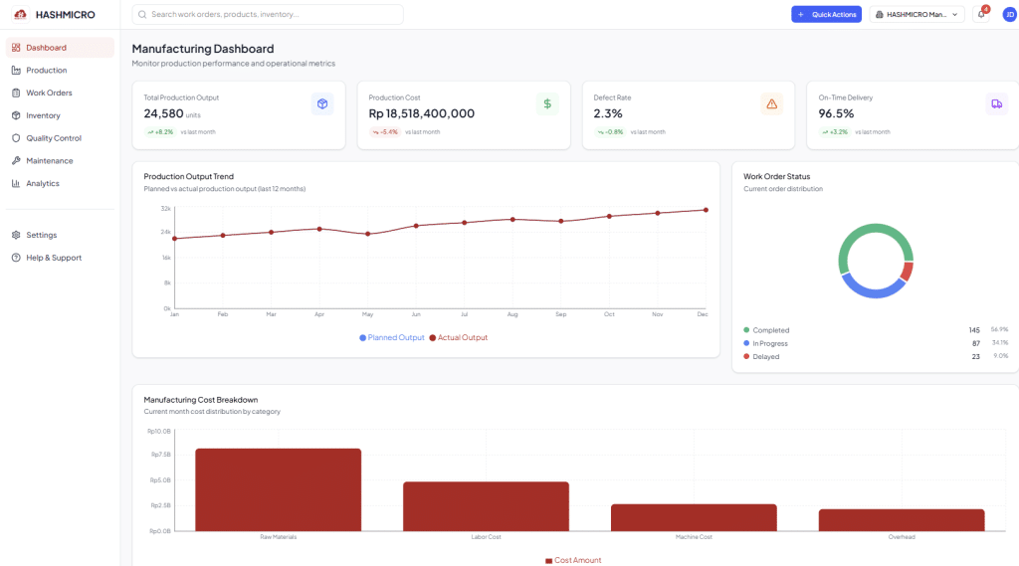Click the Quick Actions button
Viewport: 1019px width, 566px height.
[x=826, y=14]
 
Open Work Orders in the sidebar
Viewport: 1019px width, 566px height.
[x=49, y=93]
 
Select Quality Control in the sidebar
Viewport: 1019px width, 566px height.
[x=53, y=138]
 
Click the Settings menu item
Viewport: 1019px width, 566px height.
[x=41, y=235]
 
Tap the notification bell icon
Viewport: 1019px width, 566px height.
[x=981, y=14]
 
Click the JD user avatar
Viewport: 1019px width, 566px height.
[x=1009, y=14]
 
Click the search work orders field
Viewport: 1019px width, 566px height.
[x=269, y=14]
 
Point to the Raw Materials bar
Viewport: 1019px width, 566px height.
[x=278, y=489]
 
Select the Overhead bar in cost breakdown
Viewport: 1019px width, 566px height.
[x=902, y=520]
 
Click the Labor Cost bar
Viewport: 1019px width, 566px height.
[x=486, y=506]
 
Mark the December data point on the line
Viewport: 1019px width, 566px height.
[x=706, y=210]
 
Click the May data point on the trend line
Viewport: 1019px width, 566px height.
[x=368, y=234]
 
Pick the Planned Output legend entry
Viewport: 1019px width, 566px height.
[x=392, y=337]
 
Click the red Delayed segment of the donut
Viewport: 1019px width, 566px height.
[x=907, y=272]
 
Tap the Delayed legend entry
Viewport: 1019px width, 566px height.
[x=765, y=356]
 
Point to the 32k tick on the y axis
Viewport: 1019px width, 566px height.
[x=165, y=209]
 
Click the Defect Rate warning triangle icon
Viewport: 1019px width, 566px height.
[x=771, y=103]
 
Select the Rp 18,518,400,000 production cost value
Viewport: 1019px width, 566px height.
[x=421, y=113]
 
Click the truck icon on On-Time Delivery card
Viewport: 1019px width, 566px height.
[x=996, y=103]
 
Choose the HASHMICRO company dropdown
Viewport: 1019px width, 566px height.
[x=917, y=14]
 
